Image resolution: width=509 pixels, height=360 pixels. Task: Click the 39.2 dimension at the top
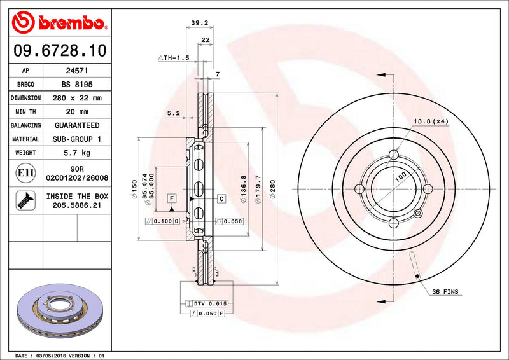199,24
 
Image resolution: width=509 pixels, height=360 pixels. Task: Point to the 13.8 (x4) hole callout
431,121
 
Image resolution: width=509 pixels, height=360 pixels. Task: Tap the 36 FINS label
445,292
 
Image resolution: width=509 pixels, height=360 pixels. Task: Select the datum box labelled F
172,199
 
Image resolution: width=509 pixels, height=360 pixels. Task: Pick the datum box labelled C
221,199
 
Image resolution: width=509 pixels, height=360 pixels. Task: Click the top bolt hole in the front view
394,155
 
